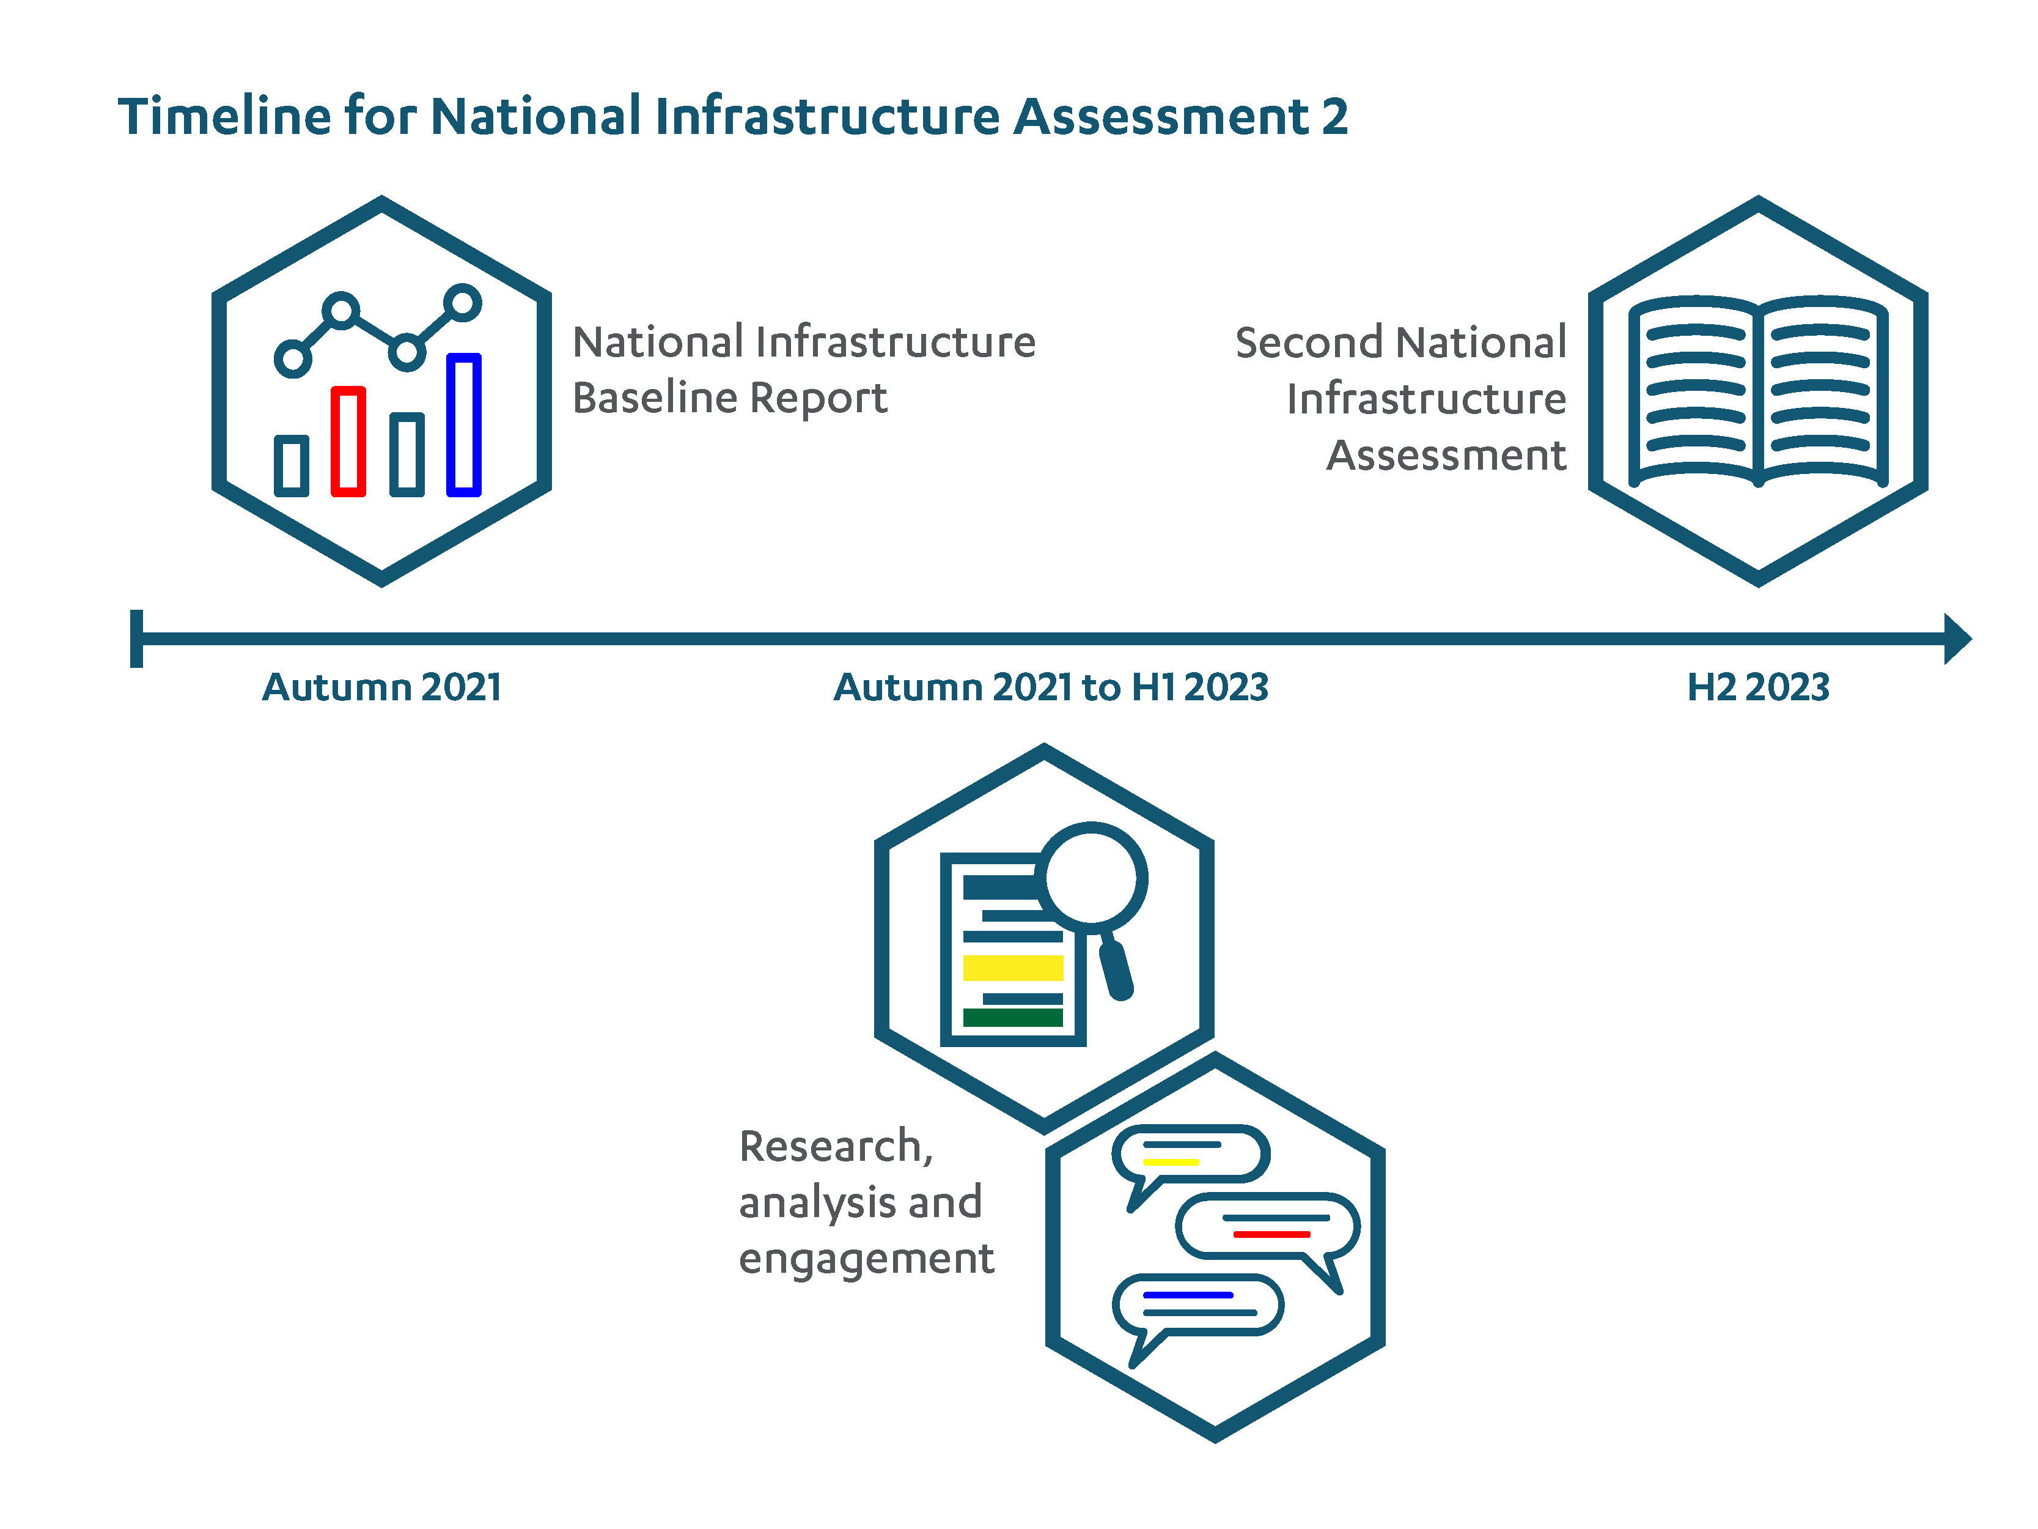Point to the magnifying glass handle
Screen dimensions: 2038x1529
tap(1117, 969)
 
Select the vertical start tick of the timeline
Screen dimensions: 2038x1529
tap(136, 638)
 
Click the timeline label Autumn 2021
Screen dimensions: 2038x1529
tap(383, 687)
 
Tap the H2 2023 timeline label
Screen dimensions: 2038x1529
tap(1758, 687)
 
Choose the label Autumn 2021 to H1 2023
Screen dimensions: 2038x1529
tap(1051, 687)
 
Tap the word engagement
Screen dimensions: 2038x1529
tap(866, 1260)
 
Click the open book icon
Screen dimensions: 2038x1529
tap(1758, 391)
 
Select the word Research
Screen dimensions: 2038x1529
tap(830, 1147)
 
